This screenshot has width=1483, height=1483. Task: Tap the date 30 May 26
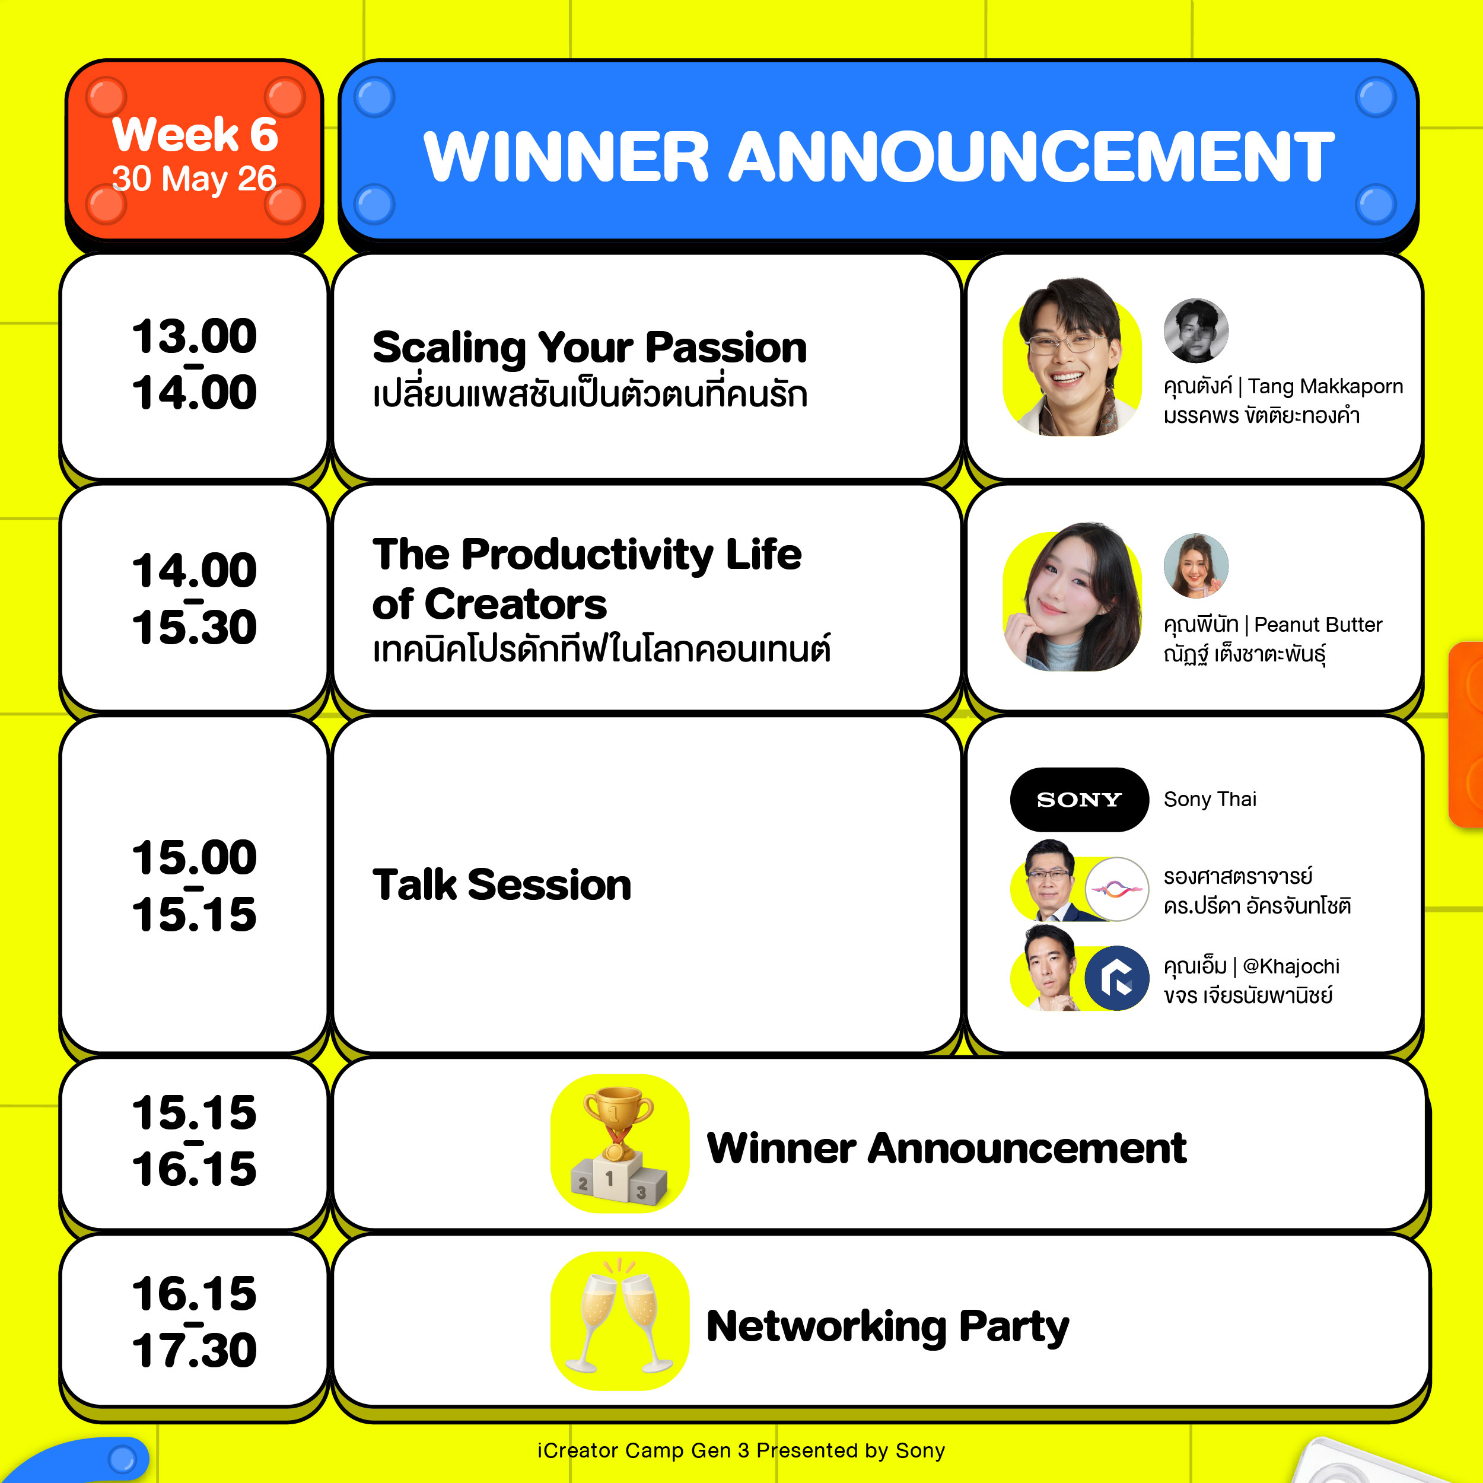point(194,179)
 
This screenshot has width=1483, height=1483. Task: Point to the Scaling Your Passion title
point(590,348)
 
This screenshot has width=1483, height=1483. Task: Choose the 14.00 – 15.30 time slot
point(194,598)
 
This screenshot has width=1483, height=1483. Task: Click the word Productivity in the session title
point(587,554)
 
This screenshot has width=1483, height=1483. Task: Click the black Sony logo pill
point(1079,799)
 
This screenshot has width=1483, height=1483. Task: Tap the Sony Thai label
point(1210,799)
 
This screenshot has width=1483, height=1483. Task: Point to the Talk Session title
point(502,884)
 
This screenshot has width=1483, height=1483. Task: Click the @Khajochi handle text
point(1290,966)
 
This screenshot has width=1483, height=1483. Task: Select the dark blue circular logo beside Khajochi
point(1117,978)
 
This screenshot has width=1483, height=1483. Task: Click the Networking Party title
point(887,1326)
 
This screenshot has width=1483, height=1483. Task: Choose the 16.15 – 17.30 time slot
point(194,1321)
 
